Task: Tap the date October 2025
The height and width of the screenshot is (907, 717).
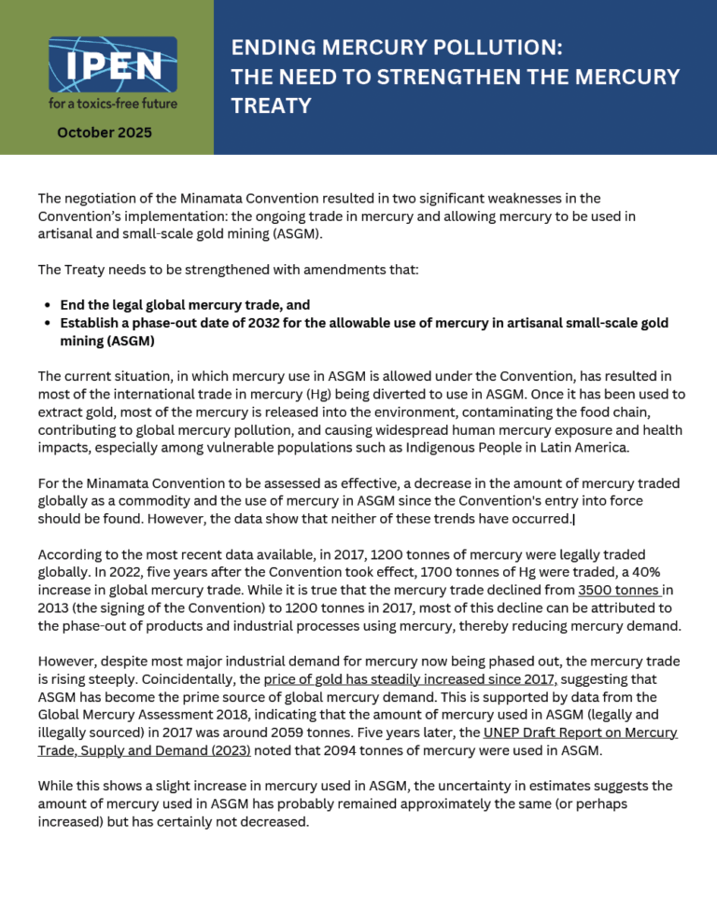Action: tap(105, 133)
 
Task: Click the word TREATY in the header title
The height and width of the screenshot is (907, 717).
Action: tap(271, 106)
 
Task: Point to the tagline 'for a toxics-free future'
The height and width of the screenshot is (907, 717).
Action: tap(113, 102)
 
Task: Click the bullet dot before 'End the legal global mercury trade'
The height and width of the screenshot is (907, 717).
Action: tap(48, 305)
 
